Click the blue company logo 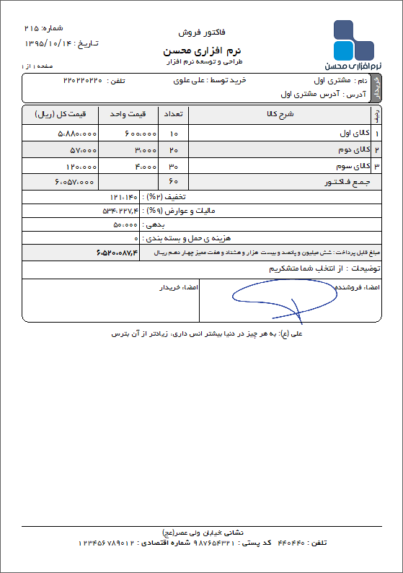point(354,41)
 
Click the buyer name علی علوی point(190,80)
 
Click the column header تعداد point(173,114)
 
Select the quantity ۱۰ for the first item point(173,134)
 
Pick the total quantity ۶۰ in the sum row point(173,183)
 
